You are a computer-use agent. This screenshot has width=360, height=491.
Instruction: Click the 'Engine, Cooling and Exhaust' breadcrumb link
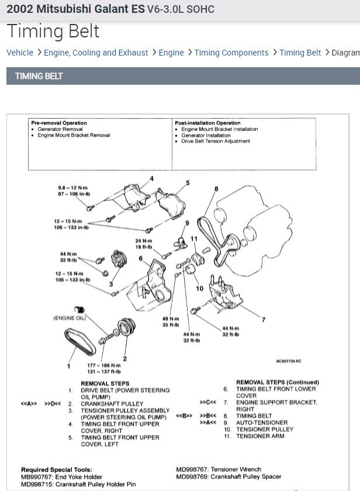pyautogui.click(x=96, y=53)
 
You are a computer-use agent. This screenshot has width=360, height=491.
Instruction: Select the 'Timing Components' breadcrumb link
pyautogui.click(x=231, y=53)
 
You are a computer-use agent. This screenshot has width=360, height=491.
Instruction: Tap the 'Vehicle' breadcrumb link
pyautogui.click(x=20, y=53)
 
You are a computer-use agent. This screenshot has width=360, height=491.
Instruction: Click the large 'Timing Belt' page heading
pyautogui.click(x=53, y=31)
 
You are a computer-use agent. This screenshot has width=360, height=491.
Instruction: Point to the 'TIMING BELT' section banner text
pyautogui.click(x=39, y=76)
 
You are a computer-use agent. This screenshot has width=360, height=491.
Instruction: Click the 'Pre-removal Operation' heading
pyautogui.click(x=59, y=123)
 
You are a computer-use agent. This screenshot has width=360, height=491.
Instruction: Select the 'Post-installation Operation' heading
pyautogui.click(x=207, y=123)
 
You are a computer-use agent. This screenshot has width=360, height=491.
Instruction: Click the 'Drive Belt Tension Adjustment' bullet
pyautogui.click(x=215, y=141)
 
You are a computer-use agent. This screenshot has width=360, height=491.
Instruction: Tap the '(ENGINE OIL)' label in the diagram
pyautogui.click(x=70, y=318)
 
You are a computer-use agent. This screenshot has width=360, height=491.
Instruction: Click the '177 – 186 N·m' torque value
pyautogui.click(x=96, y=365)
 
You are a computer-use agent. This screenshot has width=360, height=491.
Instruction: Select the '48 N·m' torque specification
pyautogui.click(x=169, y=319)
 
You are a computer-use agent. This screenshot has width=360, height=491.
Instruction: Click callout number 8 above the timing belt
pyautogui.click(x=216, y=189)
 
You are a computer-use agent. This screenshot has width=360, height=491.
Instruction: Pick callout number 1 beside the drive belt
pyautogui.click(x=68, y=366)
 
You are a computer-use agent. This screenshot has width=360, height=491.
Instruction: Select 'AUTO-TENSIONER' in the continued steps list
pyautogui.click(x=262, y=423)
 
